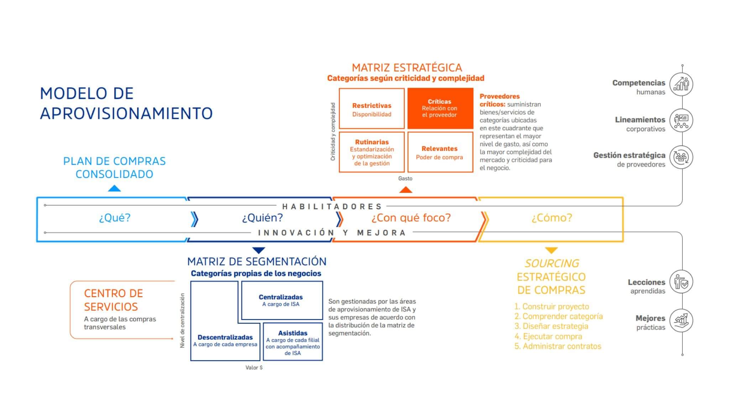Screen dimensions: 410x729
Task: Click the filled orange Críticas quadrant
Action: pos(440,108)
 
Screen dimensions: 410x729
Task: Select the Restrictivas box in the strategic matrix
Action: pos(372,109)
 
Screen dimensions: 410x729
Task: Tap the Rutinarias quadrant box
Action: pos(372,152)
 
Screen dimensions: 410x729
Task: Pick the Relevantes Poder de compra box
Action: pos(440,152)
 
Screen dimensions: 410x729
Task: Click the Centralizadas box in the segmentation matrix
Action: pos(282,300)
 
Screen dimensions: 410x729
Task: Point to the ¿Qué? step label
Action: pos(115,217)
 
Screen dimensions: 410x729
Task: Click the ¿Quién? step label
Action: pos(262,217)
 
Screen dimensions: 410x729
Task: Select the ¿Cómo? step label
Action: pos(552,217)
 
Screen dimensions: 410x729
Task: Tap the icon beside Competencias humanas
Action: pos(681,84)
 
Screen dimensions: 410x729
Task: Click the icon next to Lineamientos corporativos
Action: pos(681,121)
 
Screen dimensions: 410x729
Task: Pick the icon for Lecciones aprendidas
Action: pos(681,282)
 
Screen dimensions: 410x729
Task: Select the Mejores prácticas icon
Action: pos(681,320)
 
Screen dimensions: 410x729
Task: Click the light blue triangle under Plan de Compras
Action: pos(114,188)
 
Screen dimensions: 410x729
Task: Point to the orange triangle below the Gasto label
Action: pos(405,190)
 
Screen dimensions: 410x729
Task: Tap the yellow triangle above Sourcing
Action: pos(551,250)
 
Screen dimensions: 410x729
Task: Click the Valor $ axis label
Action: pos(254,368)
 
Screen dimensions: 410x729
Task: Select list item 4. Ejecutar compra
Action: pos(548,336)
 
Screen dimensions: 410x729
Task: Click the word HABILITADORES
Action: pos(332,206)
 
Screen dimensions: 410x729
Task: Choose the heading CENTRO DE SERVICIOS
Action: pos(113,300)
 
